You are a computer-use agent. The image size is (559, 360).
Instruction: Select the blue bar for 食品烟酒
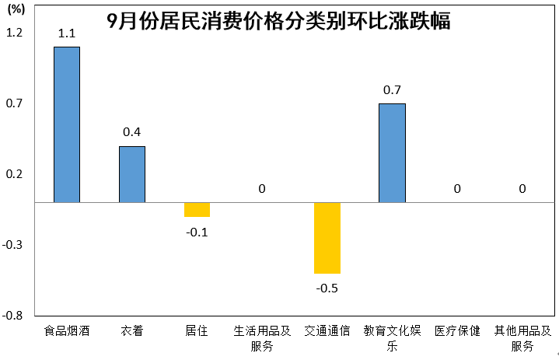[x=67, y=124]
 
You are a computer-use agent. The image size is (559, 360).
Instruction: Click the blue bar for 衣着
[x=132, y=174]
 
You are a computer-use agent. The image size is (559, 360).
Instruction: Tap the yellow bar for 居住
[x=197, y=210]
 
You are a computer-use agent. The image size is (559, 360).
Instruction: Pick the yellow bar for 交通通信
[x=327, y=238]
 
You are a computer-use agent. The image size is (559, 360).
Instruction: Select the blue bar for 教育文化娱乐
[x=392, y=153]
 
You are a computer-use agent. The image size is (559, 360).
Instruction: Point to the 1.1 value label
[x=67, y=33]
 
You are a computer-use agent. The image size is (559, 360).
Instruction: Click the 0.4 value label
[x=132, y=132]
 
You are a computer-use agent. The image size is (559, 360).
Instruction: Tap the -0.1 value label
[x=197, y=231]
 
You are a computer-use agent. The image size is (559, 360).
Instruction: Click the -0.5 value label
[x=327, y=288]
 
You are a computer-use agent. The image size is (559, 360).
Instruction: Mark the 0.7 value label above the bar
[x=392, y=90]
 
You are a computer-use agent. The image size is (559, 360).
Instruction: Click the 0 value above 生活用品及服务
[x=262, y=189]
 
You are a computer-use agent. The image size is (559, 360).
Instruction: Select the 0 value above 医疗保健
[x=457, y=189]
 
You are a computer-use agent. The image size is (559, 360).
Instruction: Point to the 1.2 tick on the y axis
[x=16, y=33]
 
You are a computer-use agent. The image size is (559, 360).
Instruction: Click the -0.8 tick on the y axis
[x=15, y=316]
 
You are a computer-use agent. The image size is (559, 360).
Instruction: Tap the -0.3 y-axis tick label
[x=15, y=245]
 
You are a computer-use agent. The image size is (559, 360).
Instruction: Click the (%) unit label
[x=16, y=9]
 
